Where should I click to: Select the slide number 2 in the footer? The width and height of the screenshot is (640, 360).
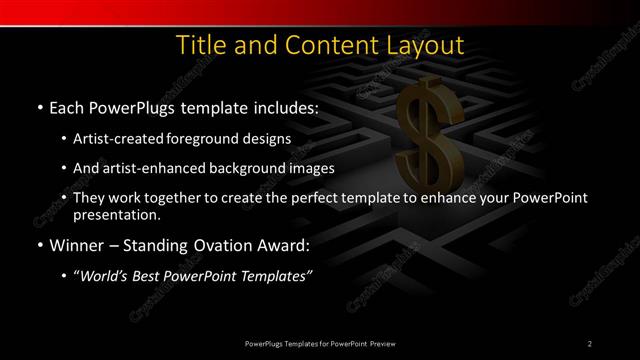590,343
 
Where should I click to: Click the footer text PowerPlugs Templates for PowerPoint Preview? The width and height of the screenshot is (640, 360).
320,343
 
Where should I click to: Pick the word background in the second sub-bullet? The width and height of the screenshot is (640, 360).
257,168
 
